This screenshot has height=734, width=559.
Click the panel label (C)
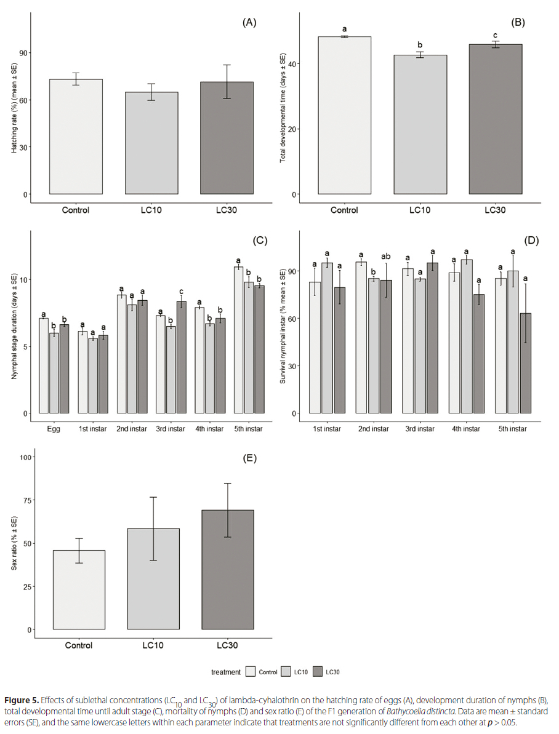[259, 241]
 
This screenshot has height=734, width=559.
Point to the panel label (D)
[531, 241]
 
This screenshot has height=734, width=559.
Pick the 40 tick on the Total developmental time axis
[296, 64]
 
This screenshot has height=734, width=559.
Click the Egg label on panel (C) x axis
[54, 429]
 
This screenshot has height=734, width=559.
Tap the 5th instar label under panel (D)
[513, 429]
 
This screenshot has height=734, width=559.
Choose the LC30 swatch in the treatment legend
[318, 672]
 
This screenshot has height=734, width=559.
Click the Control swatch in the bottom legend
[251, 672]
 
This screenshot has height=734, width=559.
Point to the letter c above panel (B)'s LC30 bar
[495, 34]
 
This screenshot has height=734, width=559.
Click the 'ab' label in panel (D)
[387, 257]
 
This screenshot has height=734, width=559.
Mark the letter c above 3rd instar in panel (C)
[182, 292]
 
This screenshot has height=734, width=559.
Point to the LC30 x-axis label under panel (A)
[227, 210]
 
